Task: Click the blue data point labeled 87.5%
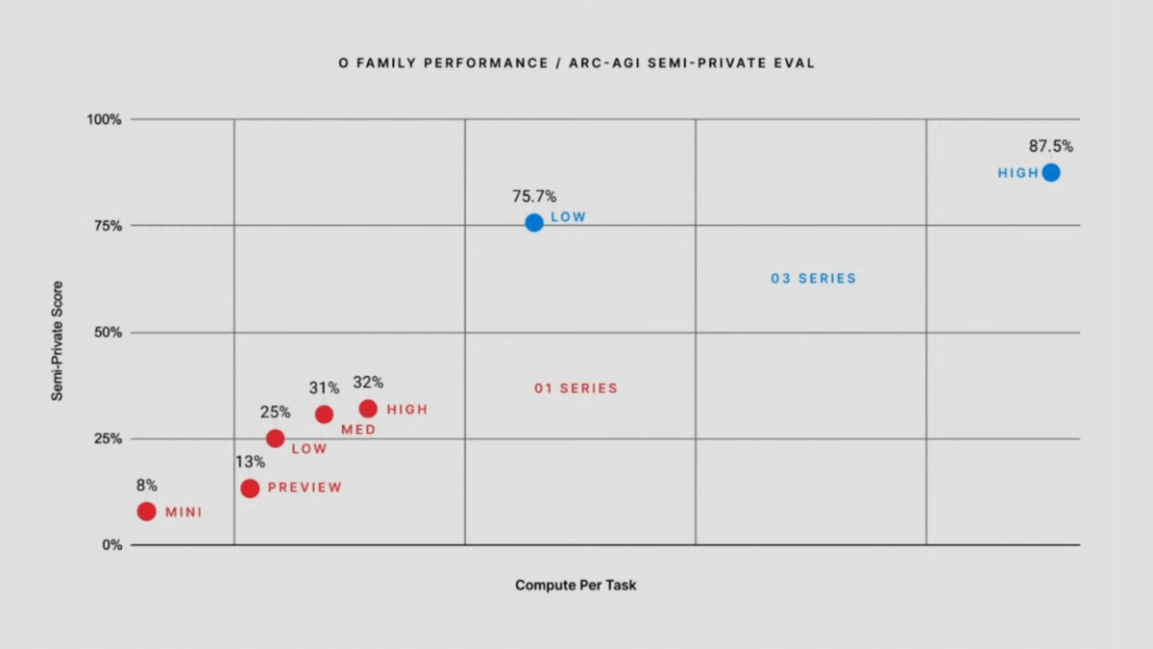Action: click(x=1051, y=173)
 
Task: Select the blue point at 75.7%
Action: click(x=534, y=223)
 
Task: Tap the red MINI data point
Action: click(x=146, y=512)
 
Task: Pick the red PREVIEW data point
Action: click(x=250, y=488)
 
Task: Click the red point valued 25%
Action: click(x=275, y=438)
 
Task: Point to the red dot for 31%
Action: click(x=324, y=414)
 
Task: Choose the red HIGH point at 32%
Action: click(x=368, y=409)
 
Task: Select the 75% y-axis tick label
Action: click(x=108, y=226)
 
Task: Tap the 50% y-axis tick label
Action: click(x=108, y=333)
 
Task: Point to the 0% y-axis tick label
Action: click(x=111, y=545)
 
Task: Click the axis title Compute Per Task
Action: click(x=576, y=585)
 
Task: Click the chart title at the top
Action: click(x=576, y=63)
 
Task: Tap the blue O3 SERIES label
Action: click(x=813, y=279)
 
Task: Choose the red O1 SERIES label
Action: click(x=576, y=388)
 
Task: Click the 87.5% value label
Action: click(x=1051, y=147)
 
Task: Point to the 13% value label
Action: click(x=250, y=462)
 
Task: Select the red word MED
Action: click(x=358, y=430)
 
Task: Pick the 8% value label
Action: click(x=146, y=486)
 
